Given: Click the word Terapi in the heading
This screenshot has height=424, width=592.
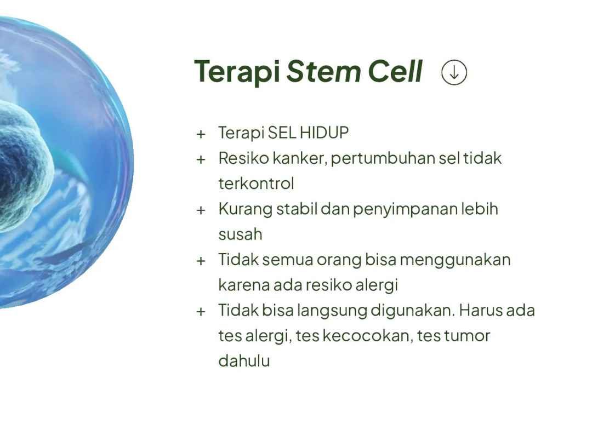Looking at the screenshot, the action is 237,72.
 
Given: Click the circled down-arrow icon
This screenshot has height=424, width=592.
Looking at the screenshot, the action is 454,72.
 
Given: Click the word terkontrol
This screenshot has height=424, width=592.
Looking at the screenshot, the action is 256,184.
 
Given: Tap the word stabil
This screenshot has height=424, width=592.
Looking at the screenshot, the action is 297,209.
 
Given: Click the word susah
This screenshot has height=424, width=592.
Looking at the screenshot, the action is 240,234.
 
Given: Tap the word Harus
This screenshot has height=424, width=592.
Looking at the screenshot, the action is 480,311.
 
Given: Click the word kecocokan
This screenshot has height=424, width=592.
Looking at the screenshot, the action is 366,336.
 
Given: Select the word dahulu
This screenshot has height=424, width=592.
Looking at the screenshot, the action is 244,361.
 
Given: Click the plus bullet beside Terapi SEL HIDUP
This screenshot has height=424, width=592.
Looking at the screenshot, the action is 201,134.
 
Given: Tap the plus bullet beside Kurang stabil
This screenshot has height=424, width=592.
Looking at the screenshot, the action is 201,210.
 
